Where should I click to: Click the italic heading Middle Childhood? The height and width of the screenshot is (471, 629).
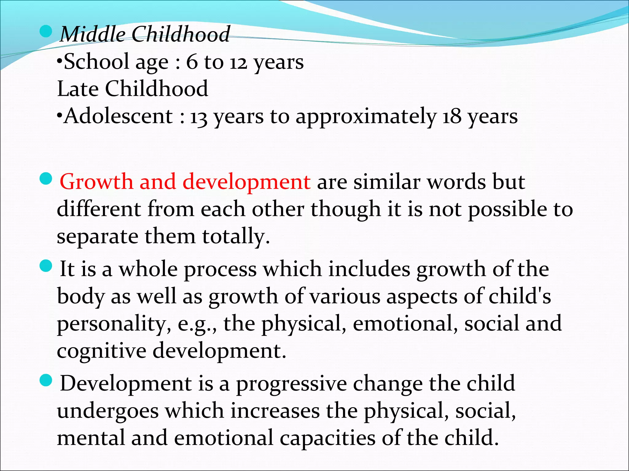tap(145, 34)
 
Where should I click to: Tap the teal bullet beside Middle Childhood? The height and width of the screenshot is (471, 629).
tap(46, 32)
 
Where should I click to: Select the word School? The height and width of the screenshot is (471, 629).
tap(96, 62)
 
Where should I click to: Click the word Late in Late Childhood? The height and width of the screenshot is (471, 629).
tap(78, 89)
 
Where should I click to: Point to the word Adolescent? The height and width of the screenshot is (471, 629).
tap(118, 117)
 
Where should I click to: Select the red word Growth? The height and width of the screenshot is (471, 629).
tap(96, 182)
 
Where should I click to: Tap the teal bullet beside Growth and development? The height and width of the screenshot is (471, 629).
tap(46, 179)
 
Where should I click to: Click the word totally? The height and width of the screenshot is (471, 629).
tap(236, 237)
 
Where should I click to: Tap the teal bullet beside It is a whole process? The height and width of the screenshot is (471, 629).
tap(46, 266)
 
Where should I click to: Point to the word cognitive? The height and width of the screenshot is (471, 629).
tap(101, 351)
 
